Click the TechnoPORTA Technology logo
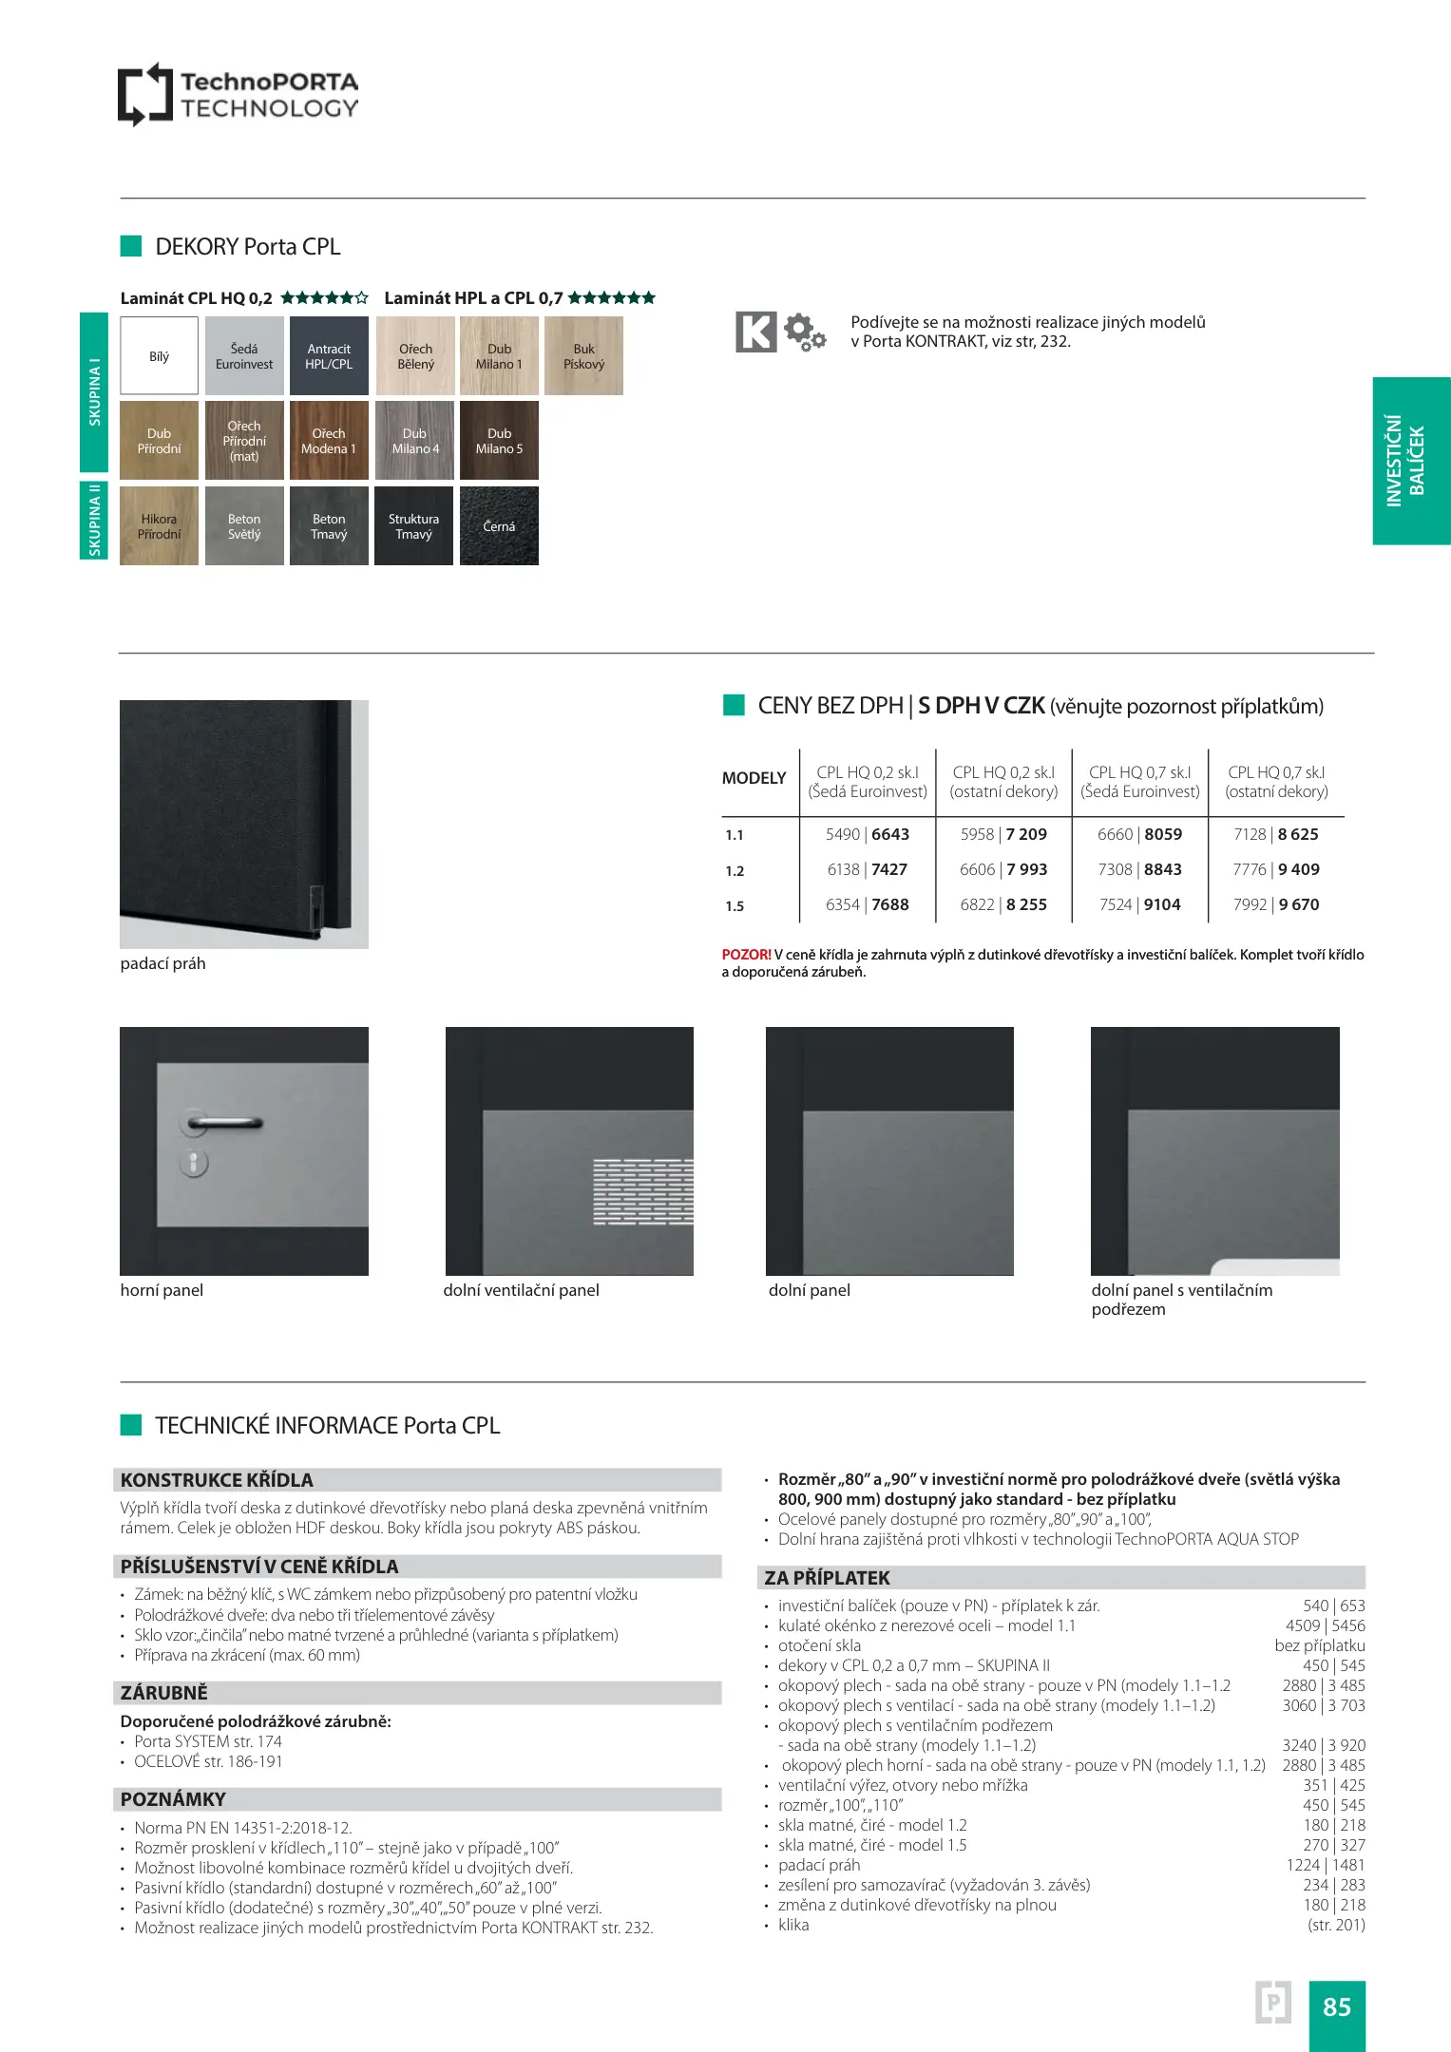238,95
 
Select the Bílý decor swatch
159,356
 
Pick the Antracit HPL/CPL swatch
329,356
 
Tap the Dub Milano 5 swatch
499,441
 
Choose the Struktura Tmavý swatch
413,526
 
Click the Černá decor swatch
499,526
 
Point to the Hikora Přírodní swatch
159,526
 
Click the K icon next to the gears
756,332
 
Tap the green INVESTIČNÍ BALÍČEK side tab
1410,461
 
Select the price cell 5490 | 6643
867,834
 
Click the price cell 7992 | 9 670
1275,904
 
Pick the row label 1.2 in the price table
735,871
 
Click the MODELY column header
754,778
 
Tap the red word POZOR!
746,955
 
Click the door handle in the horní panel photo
223,1124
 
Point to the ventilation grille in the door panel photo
642,1190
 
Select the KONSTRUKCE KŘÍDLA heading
217,1480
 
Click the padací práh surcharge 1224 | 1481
1325,1865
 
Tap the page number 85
1336,2006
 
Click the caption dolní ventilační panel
521,1290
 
